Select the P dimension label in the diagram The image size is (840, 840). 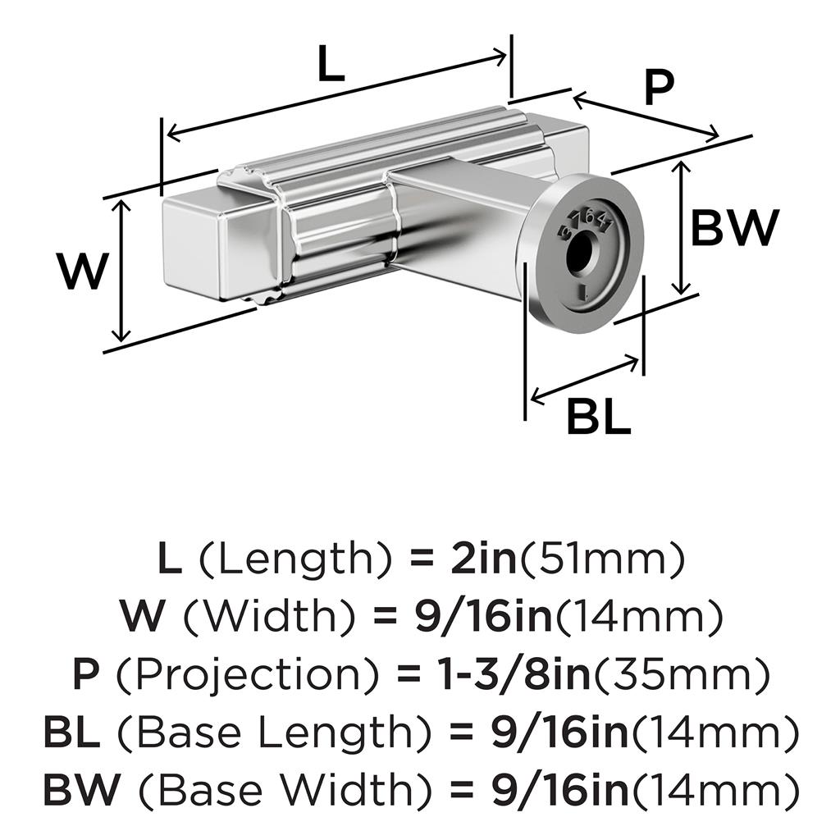point(658,89)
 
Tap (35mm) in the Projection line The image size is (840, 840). point(682,675)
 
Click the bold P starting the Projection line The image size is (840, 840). point(86,675)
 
